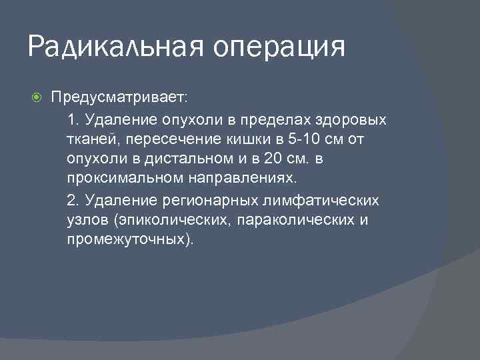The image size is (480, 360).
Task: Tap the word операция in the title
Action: point(279,49)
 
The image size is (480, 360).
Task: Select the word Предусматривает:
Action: point(121,98)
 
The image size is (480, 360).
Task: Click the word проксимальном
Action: point(119,180)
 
